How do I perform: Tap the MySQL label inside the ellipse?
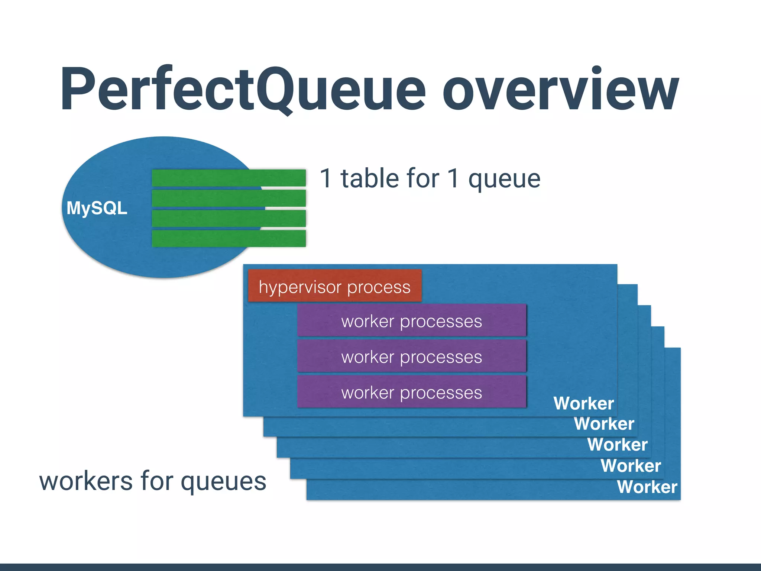pos(97,208)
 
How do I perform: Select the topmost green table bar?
pos(229,178)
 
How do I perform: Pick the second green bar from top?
pos(229,198)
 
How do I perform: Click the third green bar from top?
pos(229,218)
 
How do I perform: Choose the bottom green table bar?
pos(229,238)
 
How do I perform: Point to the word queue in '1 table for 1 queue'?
pos(504,180)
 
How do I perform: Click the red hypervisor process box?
pos(334,286)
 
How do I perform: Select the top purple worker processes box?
pos(411,320)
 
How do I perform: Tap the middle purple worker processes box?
pos(411,356)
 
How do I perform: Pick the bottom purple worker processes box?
pos(411,392)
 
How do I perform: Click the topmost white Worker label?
pos(583,403)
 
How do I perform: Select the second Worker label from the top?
pos(604,424)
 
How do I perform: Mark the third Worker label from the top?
pos(618,445)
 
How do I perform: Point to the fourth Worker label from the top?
pos(631,466)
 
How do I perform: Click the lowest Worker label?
pos(647,487)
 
